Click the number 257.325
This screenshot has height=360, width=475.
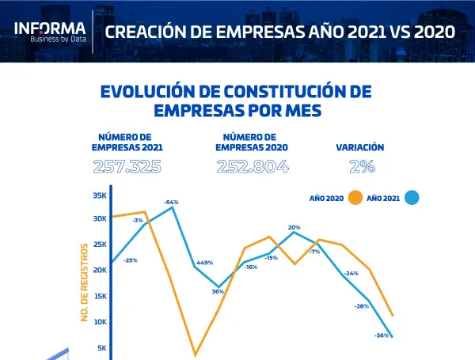coord(127,167)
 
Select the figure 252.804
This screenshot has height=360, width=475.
coord(252,167)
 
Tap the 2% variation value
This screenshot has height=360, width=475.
coord(362,167)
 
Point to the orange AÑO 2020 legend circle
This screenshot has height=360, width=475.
coord(355,198)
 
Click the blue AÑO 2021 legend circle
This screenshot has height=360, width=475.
coord(411,198)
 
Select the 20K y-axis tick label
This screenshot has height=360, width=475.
coord(99,270)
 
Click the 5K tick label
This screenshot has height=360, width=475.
coord(101,347)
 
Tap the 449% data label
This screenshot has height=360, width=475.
coord(204,263)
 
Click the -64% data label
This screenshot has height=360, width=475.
coord(171,203)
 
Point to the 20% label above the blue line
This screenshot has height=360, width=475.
coord(294,227)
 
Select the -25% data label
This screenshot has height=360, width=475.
coord(130,260)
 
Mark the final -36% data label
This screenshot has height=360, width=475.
coord(381,335)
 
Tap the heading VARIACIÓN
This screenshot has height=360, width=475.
coord(360,147)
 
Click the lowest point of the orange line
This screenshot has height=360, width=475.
coord(195,355)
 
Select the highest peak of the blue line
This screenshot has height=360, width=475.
coord(173,207)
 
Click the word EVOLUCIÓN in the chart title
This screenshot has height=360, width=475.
coord(150,92)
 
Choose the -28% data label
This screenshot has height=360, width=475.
coord(362,305)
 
